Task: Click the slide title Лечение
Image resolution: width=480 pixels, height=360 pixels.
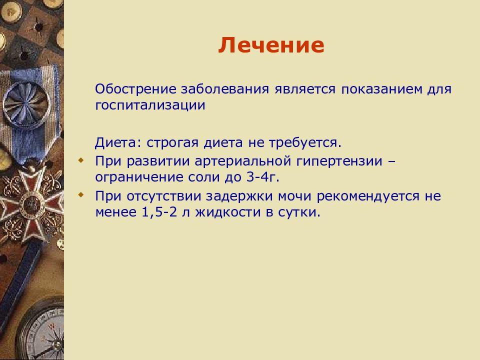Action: pyautogui.click(x=271, y=45)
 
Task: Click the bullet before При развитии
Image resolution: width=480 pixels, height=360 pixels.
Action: pyautogui.click(x=81, y=160)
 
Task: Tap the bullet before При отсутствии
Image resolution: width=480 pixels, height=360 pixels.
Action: pyautogui.click(x=81, y=194)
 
